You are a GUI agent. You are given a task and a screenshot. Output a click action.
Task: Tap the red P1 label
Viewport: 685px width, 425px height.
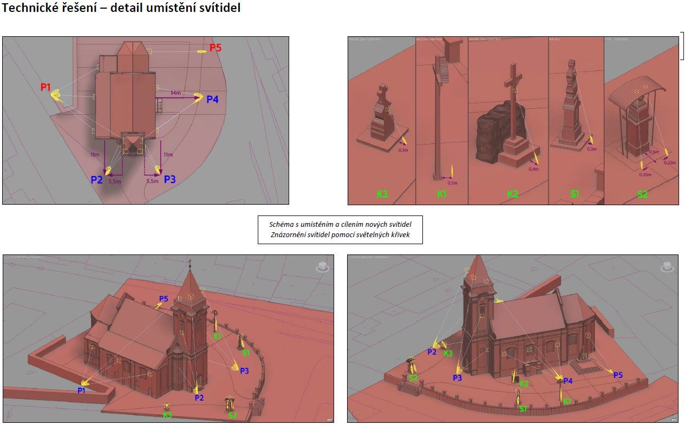(45, 87)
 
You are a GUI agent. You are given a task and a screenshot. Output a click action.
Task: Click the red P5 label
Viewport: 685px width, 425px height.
(215, 48)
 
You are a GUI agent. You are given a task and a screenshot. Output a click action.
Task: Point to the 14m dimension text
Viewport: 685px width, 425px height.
(175, 93)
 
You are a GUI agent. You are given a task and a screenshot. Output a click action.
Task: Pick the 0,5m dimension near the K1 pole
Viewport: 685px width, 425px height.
(452, 183)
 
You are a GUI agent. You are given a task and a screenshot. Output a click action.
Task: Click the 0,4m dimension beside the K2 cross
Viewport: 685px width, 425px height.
(533, 169)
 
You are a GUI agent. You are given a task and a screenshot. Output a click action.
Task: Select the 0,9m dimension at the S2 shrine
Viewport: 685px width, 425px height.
(654, 152)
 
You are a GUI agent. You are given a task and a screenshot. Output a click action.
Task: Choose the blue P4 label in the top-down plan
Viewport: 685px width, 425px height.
(213, 100)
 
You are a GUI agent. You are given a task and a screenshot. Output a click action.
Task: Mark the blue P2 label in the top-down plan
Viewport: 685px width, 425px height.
(96, 180)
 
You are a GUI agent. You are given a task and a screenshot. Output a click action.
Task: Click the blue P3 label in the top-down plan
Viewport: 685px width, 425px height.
(169, 179)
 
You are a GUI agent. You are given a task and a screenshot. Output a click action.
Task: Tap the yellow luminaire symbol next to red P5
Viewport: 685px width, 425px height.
(202, 51)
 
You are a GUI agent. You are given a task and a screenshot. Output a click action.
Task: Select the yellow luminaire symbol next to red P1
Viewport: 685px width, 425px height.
(56, 96)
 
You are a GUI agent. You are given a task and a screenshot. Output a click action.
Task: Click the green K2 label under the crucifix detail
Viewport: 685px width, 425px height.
(512, 194)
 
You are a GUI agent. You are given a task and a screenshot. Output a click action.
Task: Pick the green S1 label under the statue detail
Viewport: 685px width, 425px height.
(575, 194)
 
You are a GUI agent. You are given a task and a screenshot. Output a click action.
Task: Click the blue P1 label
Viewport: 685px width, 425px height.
(81, 390)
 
